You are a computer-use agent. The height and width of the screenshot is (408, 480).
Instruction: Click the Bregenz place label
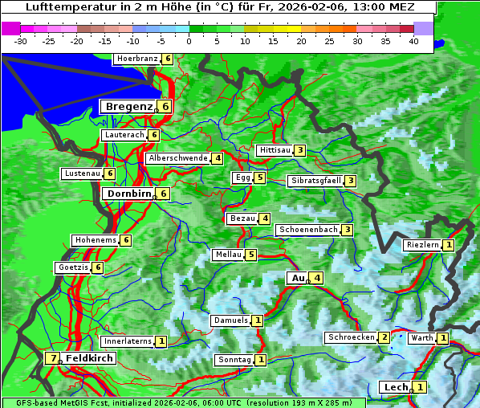(x=128, y=107)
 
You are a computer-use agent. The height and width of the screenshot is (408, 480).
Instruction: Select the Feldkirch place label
(x=89, y=358)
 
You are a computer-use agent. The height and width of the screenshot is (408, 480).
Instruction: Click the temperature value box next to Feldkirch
(x=53, y=358)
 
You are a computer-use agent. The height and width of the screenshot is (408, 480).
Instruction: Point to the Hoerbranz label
(x=136, y=59)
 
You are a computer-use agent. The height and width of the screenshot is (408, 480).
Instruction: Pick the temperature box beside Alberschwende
(x=217, y=158)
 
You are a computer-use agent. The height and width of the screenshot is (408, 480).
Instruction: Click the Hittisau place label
(x=274, y=150)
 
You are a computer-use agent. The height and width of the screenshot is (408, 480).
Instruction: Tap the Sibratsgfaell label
(x=315, y=181)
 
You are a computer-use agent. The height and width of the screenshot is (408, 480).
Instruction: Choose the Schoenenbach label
(x=307, y=230)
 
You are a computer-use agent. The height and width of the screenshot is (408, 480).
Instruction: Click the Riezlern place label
(x=423, y=245)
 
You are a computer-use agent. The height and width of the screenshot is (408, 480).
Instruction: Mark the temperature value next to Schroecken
(x=384, y=337)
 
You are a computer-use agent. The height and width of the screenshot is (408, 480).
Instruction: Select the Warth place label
(x=422, y=338)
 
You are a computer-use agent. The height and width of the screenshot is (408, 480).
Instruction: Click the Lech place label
(x=396, y=387)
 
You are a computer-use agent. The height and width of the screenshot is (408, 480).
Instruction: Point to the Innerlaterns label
(x=128, y=341)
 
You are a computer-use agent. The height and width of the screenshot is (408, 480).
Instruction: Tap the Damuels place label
(x=230, y=320)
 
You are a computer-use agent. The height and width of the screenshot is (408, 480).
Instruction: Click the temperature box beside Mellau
(x=250, y=255)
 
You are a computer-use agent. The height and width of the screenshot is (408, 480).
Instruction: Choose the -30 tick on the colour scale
(x=21, y=41)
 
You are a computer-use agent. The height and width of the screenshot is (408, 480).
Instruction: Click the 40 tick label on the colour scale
(x=413, y=41)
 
